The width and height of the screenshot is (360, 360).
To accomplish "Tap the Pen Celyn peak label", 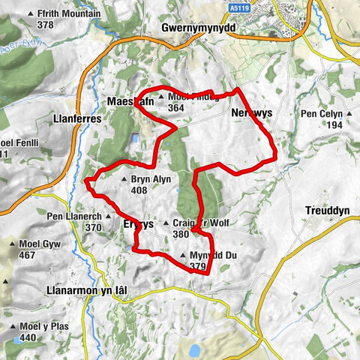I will (322, 113).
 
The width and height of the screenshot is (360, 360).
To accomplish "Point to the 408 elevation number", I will (139, 190).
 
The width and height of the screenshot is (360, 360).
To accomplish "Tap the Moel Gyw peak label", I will (38, 244).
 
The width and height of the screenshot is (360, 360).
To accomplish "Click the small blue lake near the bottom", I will (194, 350).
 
